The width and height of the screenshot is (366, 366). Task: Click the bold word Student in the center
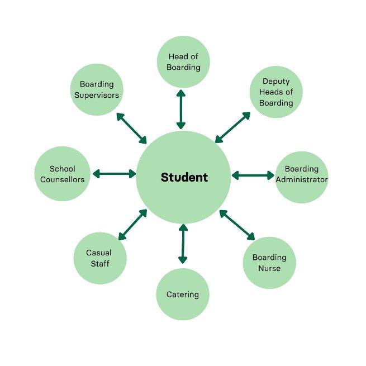point(184,177)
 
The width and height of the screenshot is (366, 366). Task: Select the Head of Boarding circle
point(183,61)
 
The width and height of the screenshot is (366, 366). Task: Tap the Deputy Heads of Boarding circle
point(276,92)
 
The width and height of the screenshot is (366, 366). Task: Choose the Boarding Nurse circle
point(269,263)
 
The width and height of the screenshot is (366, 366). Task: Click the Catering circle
point(183,294)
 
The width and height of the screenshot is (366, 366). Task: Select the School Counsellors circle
point(62,174)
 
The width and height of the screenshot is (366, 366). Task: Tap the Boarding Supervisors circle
point(97,89)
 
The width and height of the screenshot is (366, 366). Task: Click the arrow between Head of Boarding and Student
point(181,110)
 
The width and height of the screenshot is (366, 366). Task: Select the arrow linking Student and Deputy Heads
point(232,127)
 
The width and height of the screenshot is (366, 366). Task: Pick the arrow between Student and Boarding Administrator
point(253,175)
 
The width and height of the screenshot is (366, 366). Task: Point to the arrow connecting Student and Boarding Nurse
point(237,225)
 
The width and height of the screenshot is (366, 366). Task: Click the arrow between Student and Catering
point(183,244)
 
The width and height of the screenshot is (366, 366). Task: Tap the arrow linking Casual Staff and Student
point(132,225)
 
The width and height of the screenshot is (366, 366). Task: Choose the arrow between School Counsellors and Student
point(115,174)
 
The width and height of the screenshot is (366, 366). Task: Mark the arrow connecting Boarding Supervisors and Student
point(131,128)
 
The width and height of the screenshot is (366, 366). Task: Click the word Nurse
point(269,268)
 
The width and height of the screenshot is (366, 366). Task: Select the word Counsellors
point(62,179)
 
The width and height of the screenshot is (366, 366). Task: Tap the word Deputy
point(276,82)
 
